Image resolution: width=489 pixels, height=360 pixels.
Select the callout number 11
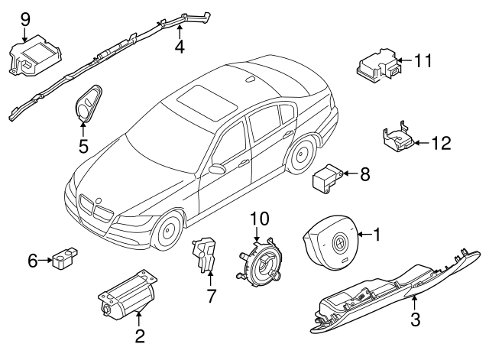click(424, 58)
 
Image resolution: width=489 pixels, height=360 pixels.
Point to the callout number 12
click(442, 142)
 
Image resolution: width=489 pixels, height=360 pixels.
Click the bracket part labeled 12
click(400, 140)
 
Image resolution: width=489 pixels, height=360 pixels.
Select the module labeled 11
click(378, 66)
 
